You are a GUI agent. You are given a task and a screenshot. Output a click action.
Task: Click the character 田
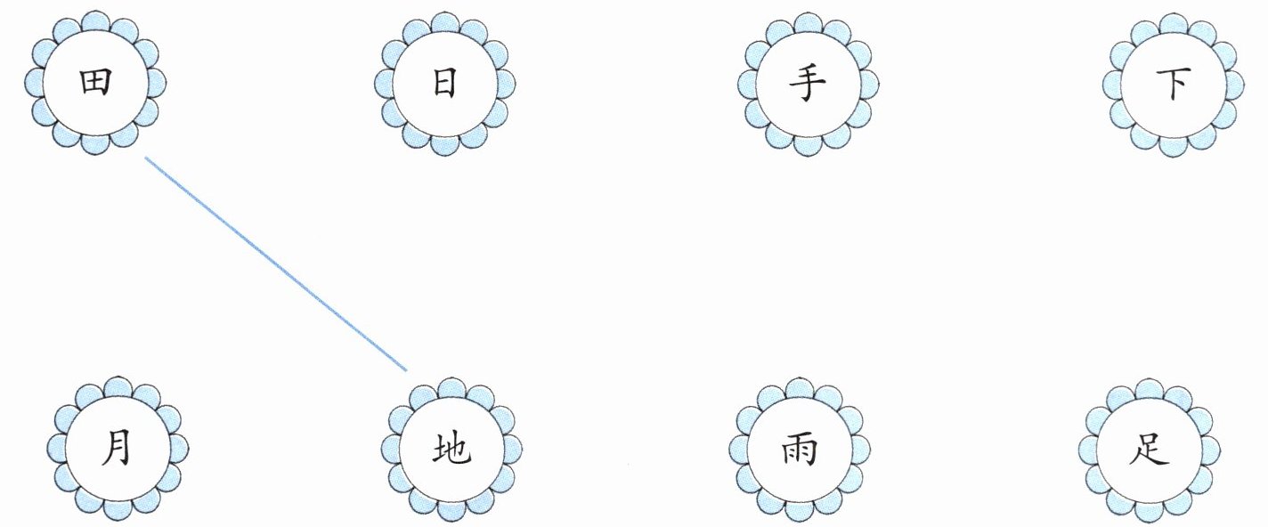coord(94,84)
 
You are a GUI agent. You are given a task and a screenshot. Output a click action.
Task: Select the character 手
coord(807,85)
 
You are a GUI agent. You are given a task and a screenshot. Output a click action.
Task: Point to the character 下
coord(1174,85)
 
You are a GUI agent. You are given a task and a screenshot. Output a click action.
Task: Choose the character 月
coord(117,448)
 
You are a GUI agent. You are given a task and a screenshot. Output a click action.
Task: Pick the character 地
coord(451,450)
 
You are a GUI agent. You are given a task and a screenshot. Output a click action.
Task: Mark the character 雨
coord(798,450)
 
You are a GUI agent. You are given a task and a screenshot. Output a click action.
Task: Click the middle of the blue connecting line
coord(276,263)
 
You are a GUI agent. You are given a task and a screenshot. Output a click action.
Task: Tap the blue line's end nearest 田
coord(146,158)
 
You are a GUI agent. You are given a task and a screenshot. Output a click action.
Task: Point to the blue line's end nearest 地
coord(406,369)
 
